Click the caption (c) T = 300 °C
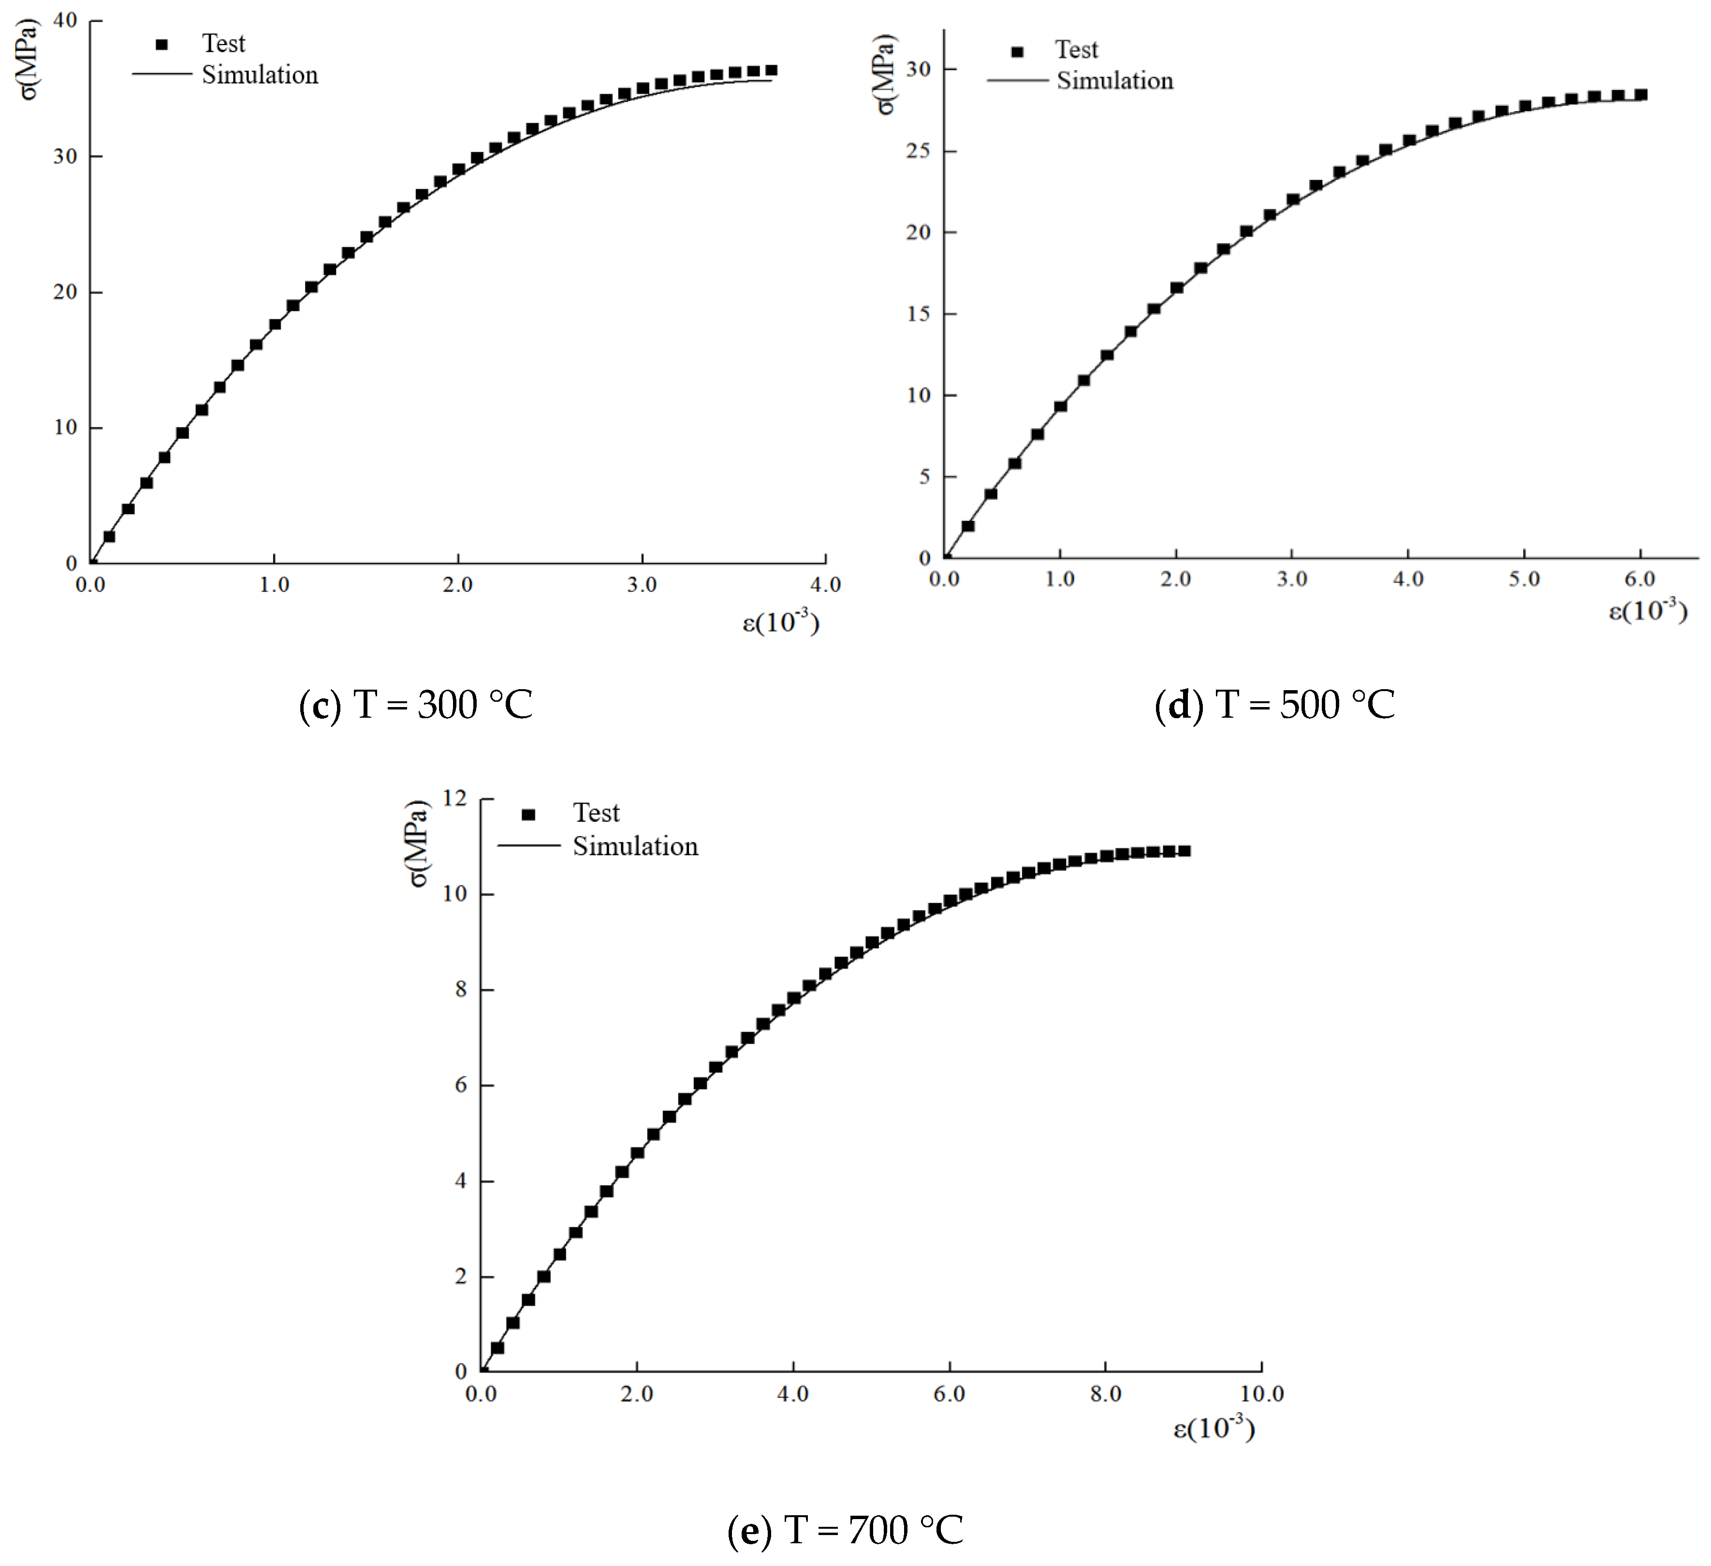(416, 705)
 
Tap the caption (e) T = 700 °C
(845, 1530)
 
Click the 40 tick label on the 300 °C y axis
(65, 20)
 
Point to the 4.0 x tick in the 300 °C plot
(825, 585)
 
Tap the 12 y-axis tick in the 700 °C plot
(455, 798)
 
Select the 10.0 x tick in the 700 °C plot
(1261, 1394)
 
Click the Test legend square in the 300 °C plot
(162, 44)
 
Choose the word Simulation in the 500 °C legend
(1114, 81)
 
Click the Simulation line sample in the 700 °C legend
(529, 845)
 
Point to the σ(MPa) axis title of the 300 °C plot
(29, 59)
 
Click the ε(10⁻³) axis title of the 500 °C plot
(1647, 610)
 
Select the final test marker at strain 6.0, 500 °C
(1640, 95)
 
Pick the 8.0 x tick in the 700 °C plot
(1105, 1394)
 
